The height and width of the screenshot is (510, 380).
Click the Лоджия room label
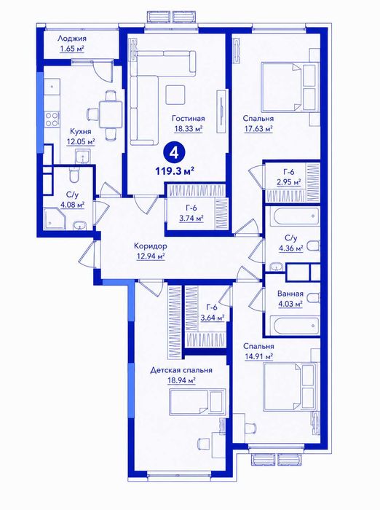click(72, 39)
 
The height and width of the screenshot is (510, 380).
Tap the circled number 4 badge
click(175, 152)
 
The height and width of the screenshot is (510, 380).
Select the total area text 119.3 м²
click(175, 170)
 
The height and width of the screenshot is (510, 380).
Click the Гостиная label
click(189, 118)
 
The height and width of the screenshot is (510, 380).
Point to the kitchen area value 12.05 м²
click(81, 142)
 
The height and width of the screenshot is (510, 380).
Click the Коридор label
click(151, 246)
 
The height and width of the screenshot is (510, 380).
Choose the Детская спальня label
click(181, 370)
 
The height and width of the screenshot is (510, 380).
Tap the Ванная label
click(290, 294)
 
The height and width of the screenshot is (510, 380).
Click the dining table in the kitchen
click(111, 114)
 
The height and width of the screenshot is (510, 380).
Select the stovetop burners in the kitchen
click(52, 119)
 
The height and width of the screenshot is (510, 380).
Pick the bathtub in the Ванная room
click(295, 324)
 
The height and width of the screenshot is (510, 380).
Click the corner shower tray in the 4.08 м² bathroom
click(55, 219)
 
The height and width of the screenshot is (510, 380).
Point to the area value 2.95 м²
click(289, 182)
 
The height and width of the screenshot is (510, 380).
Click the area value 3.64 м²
click(213, 318)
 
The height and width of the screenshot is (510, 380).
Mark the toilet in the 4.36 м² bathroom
click(313, 246)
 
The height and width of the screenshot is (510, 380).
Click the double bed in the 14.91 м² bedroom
click(290, 386)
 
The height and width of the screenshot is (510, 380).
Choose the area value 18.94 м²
click(181, 380)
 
